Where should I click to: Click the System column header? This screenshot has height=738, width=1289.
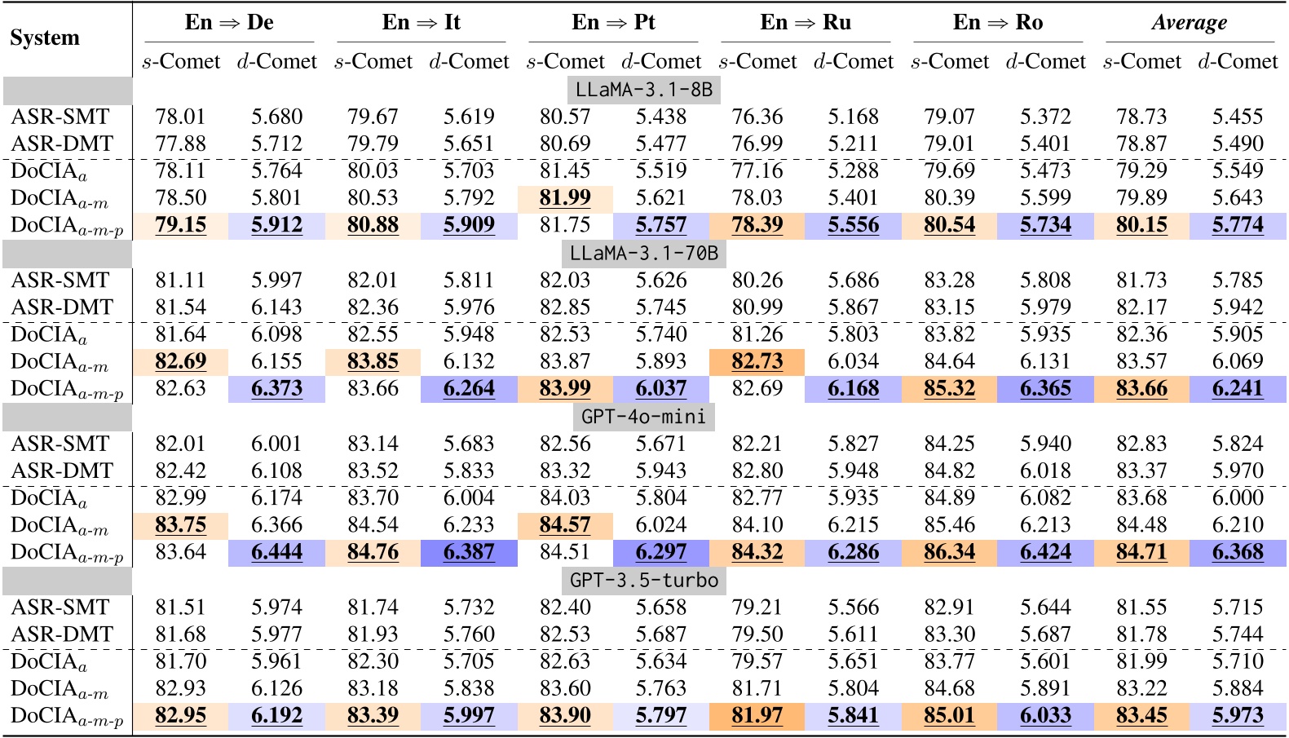(x=45, y=38)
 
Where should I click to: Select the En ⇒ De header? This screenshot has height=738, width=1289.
(x=229, y=22)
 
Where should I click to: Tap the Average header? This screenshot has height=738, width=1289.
(x=1189, y=22)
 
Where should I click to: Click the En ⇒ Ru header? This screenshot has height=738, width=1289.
(x=806, y=22)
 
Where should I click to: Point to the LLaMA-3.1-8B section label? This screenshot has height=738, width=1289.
(x=643, y=90)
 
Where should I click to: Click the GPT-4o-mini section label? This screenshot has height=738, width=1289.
(x=643, y=417)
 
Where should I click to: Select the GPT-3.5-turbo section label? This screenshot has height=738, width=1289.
(x=643, y=580)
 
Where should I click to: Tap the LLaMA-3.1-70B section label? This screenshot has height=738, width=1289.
(x=643, y=253)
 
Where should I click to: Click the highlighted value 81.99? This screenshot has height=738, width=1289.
(x=565, y=197)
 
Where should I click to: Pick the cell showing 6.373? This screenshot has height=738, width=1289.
(x=276, y=388)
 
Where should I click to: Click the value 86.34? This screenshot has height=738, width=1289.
(x=949, y=552)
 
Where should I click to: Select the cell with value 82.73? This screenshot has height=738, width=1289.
(x=757, y=361)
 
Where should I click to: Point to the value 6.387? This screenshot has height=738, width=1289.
(x=469, y=552)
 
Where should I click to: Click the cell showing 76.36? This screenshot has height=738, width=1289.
(x=757, y=117)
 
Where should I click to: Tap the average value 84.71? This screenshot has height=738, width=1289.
(x=1141, y=552)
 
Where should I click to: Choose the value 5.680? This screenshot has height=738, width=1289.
(x=276, y=117)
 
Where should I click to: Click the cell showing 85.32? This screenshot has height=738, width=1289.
(x=949, y=388)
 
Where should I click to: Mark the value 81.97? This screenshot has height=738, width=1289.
(x=757, y=715)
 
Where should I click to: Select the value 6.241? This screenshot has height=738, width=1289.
(x=1238, y=388)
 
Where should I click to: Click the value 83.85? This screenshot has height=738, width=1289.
(x=373, y=361)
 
